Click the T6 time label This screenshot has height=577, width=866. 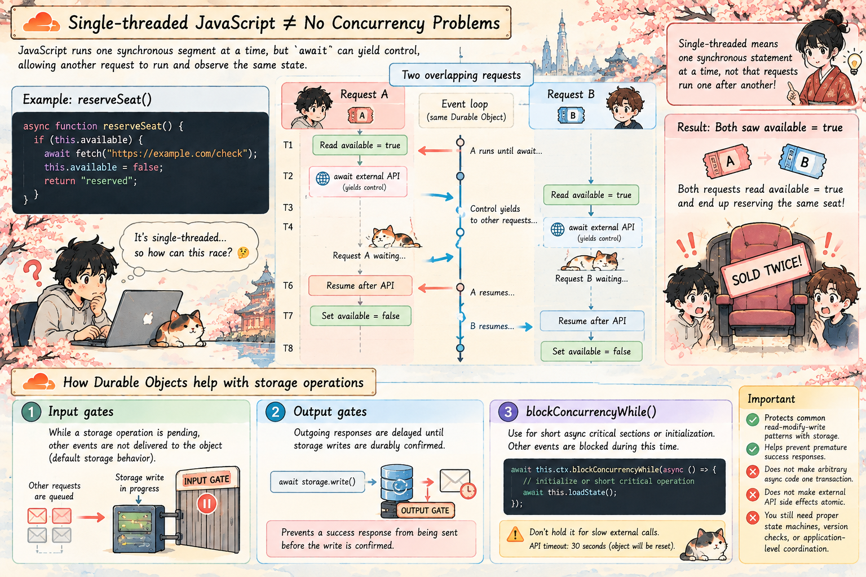pyautogui.click(x=288, y=286)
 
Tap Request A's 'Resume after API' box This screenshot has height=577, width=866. pyautogui.click(x=360, y=286)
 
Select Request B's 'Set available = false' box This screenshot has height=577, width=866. pyautogui.click(x=591, y=351)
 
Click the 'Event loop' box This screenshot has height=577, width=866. pyautogui.click(x=466, y=110)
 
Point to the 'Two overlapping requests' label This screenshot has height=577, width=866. pyautogui.click(x=461, y=75)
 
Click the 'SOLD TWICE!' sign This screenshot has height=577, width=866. pyautogui.click(x=766, y=271)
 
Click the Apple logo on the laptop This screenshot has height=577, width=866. pyautogui.click(x=148, y=318)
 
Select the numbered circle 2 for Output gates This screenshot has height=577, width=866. pyautogui.click(x=275, y=412)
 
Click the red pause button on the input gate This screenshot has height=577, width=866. pyautogui.click(x=207, y=504)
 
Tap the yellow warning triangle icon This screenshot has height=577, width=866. pyautogui.click(x=515, y=535)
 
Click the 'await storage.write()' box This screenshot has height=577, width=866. pyautogui.click(x=317, y=482)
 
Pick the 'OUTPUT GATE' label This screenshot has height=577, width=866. pyautogui.click(x=425, y=511)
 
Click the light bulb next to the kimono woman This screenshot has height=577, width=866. pyautogui.click(x=854, y=62)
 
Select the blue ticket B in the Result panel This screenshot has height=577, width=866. pyautogui.click(x=803, y=161)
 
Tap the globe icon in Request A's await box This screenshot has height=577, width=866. pyautogui.click(x=323, y=179)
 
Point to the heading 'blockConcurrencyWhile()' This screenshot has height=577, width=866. pyautogui.click(x=591, y=411)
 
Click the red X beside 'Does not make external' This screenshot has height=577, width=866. pyautogui.click(x=752, y=495)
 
